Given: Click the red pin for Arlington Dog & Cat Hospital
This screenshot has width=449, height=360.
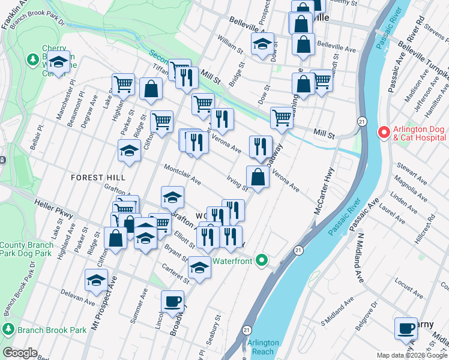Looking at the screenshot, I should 382,131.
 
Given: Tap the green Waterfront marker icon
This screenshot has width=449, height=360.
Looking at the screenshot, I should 261,260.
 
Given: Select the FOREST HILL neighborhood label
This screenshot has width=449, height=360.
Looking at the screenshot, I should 98,178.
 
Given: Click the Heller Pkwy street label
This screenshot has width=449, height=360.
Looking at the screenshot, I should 53,209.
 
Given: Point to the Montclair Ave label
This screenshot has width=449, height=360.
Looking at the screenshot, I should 182,175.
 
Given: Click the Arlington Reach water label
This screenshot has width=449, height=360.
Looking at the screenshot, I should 263,347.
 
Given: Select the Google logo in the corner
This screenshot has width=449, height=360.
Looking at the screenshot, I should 20,353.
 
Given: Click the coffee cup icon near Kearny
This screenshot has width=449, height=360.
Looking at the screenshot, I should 406,328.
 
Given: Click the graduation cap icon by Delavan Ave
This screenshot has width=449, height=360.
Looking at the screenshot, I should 96,280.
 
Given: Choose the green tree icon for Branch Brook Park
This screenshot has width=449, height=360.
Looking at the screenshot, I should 8,329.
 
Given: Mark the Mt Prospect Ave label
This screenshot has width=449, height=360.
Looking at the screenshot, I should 97,312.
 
